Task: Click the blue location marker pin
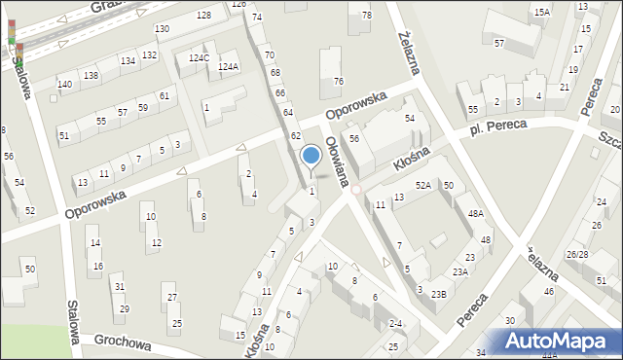pos(311,156)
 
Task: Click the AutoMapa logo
pos(560,342)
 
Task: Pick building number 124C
pos(199,58)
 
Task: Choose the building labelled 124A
pos(228,67)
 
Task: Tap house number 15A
pos(542,12)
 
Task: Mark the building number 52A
pos(423,185)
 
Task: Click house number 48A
pos(475,213)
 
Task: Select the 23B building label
pos(439,294)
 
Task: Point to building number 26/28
pos(576,254)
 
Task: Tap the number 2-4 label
pos(395,323)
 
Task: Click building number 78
pos(366,16)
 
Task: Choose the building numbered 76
pos(338,82)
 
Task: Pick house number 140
pos(64,85)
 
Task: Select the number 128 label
pos(203,16)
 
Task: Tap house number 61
pos(165,95)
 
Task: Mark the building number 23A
pos(459,272)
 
